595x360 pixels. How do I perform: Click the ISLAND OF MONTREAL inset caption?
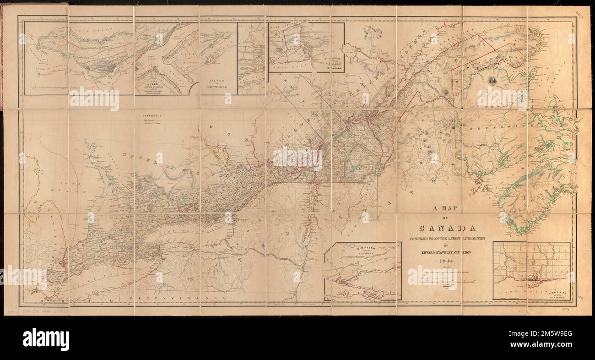218,85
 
